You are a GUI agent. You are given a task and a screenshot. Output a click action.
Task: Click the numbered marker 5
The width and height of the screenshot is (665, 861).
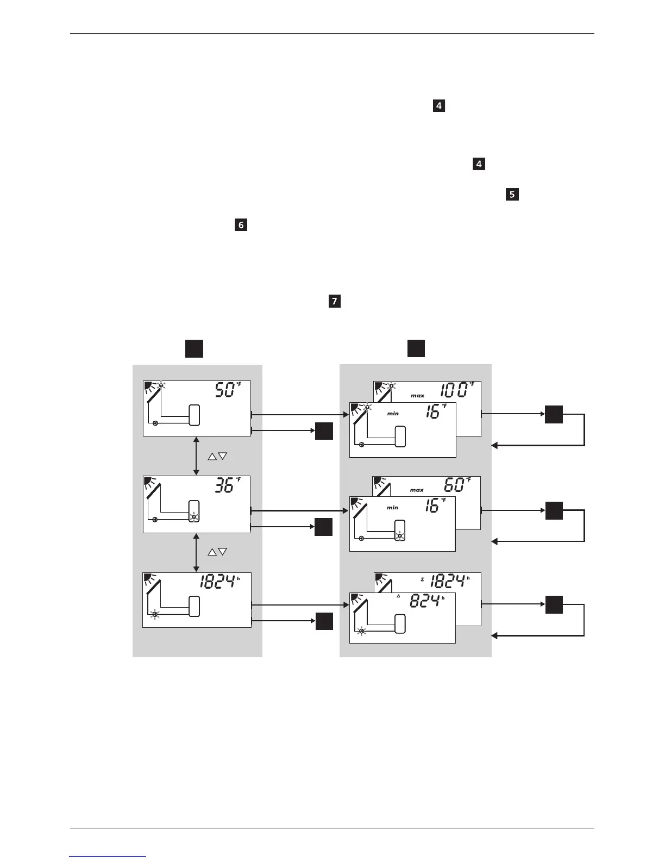pyautogui.click(x=512, y=195)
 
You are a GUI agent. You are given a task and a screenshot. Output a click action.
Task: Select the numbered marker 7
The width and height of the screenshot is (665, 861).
pyautogui.click(x=335, y=301)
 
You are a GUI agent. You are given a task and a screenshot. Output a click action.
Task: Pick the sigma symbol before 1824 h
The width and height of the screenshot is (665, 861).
pyautogui.click(x=423, y=580)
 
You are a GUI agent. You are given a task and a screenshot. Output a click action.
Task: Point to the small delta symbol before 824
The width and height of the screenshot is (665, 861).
pyautogui.click(x=398, y=596)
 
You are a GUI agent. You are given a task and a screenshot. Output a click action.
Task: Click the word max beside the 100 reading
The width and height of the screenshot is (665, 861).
pyautogui.click(x=417, y=396)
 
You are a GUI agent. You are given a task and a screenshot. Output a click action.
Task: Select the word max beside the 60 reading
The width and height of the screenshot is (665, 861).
pyautogui.click(x=417, y=490)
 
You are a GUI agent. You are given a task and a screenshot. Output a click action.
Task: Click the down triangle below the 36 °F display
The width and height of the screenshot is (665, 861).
pyautogui.click(x=222, y=552)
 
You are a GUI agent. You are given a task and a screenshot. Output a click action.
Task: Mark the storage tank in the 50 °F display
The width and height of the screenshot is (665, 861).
pyautogui.click(x=194, y=416)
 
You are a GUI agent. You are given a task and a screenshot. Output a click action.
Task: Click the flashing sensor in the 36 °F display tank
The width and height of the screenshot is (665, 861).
pyautogui.click(x=194, y=516)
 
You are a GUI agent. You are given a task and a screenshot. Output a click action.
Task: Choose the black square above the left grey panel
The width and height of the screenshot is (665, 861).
pyautogui.click(x=194, y=348)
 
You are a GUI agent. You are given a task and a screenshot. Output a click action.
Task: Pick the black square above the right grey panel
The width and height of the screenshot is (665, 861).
pyautogui.click(x=416, y=348)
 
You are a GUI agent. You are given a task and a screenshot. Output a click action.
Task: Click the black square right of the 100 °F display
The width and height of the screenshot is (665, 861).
pyautogui.click(x=554, y=416)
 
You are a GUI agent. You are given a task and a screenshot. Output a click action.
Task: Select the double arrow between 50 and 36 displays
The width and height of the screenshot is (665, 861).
pyautogui.click(x=196, y=456)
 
